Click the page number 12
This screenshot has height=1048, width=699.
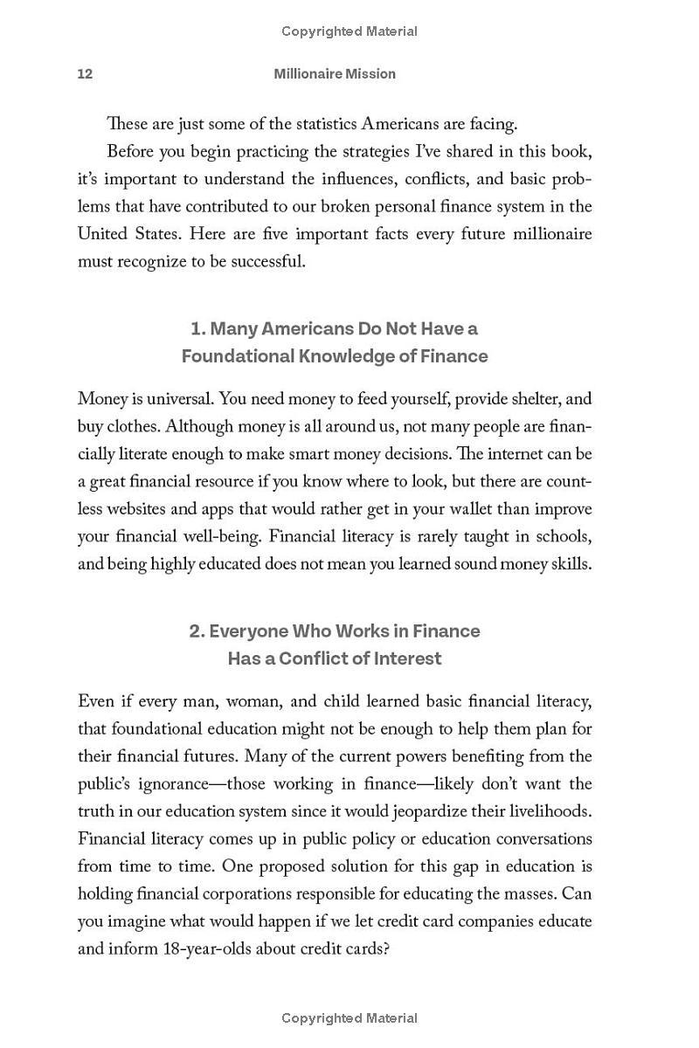pos(85,74)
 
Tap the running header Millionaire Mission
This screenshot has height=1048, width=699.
pos(335,74)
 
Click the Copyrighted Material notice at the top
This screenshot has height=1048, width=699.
pos(349,31)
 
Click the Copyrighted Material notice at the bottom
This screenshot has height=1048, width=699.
pos(349,1018)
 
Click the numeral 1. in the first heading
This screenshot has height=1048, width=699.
pos(198,329)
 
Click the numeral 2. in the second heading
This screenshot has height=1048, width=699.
pos(197,631)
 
